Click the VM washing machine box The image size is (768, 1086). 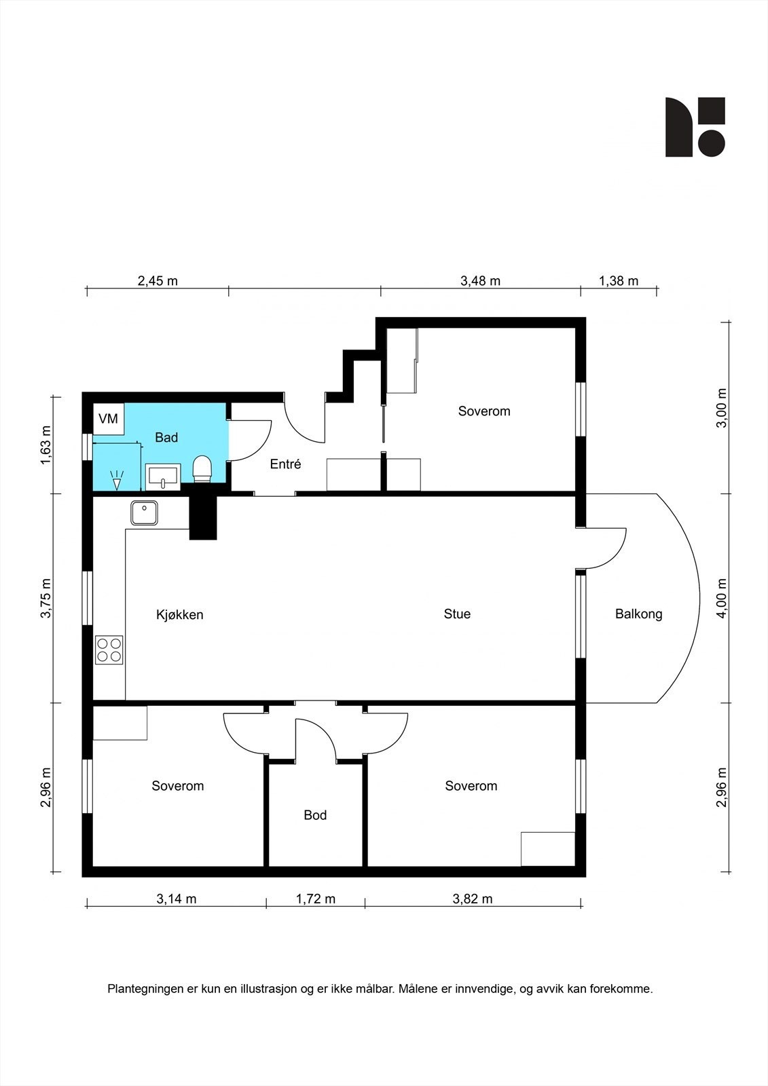coord(109,419)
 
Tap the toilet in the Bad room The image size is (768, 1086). coord(202,469)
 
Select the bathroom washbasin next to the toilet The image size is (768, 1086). coord(163,477)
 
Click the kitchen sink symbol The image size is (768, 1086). coord(144,513)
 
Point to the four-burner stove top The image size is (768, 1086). coord(109,650)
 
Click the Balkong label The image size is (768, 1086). coord(638,614)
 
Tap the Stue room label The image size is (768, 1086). coord(457,614)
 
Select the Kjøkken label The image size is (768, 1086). coord(179,615)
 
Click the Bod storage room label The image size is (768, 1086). coord(315,815)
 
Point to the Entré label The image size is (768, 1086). coord(285,464)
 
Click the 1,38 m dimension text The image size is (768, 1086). coord(619,281)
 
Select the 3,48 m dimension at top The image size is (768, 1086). coord(480,281)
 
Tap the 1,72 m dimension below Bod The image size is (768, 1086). coord(316,899)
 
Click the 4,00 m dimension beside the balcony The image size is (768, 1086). coord(722,598)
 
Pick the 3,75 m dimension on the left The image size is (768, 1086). coord(46,598)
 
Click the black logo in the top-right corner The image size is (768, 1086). coord(695,127)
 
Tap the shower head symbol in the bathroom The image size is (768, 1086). coord(117,480)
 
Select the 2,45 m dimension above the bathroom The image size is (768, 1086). coord(158,281)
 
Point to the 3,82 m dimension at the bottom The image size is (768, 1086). coord(473,899)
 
